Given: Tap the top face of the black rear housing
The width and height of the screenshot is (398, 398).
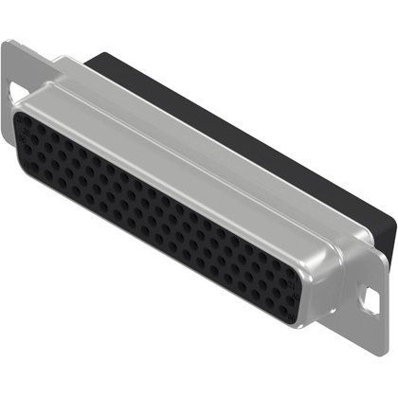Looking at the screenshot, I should click(x=237, y=114).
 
